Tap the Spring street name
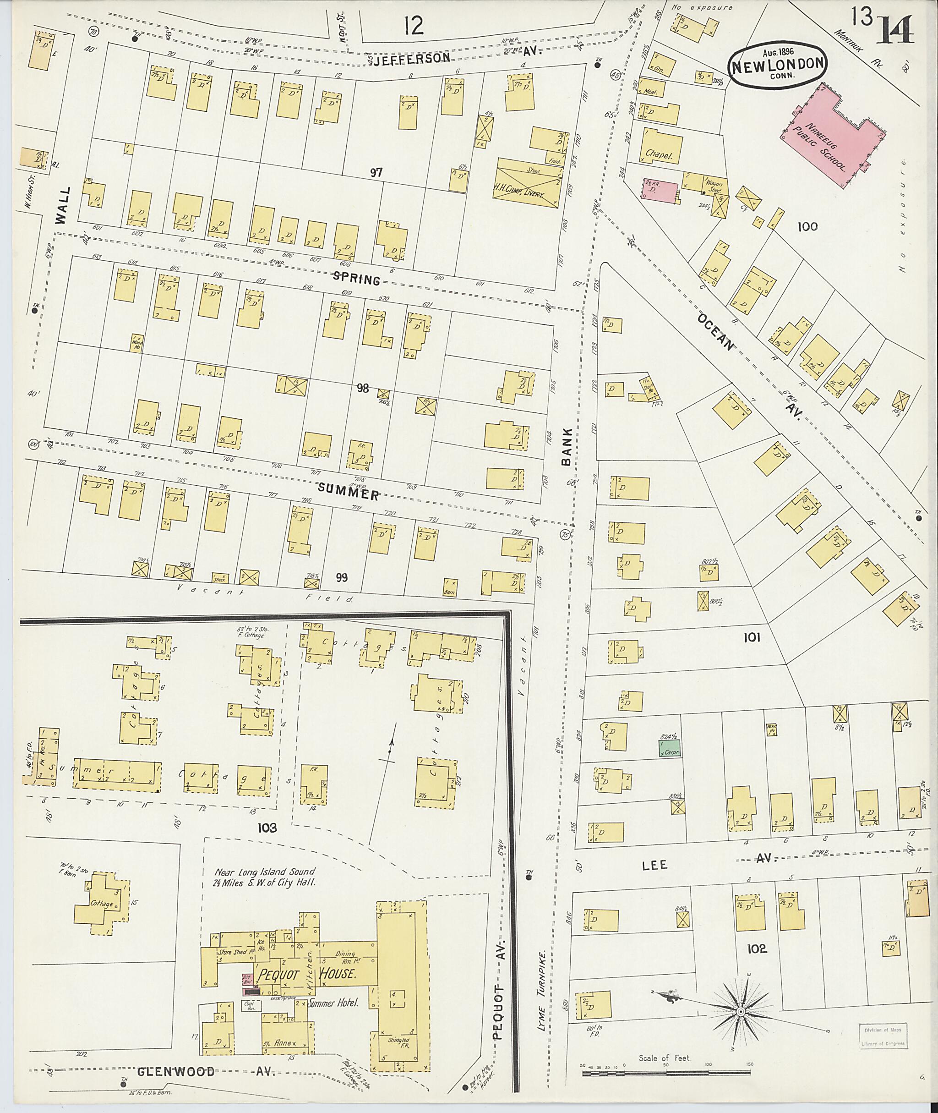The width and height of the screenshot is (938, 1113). click(356, 278)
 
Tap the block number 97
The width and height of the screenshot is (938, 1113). click(376, 172)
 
